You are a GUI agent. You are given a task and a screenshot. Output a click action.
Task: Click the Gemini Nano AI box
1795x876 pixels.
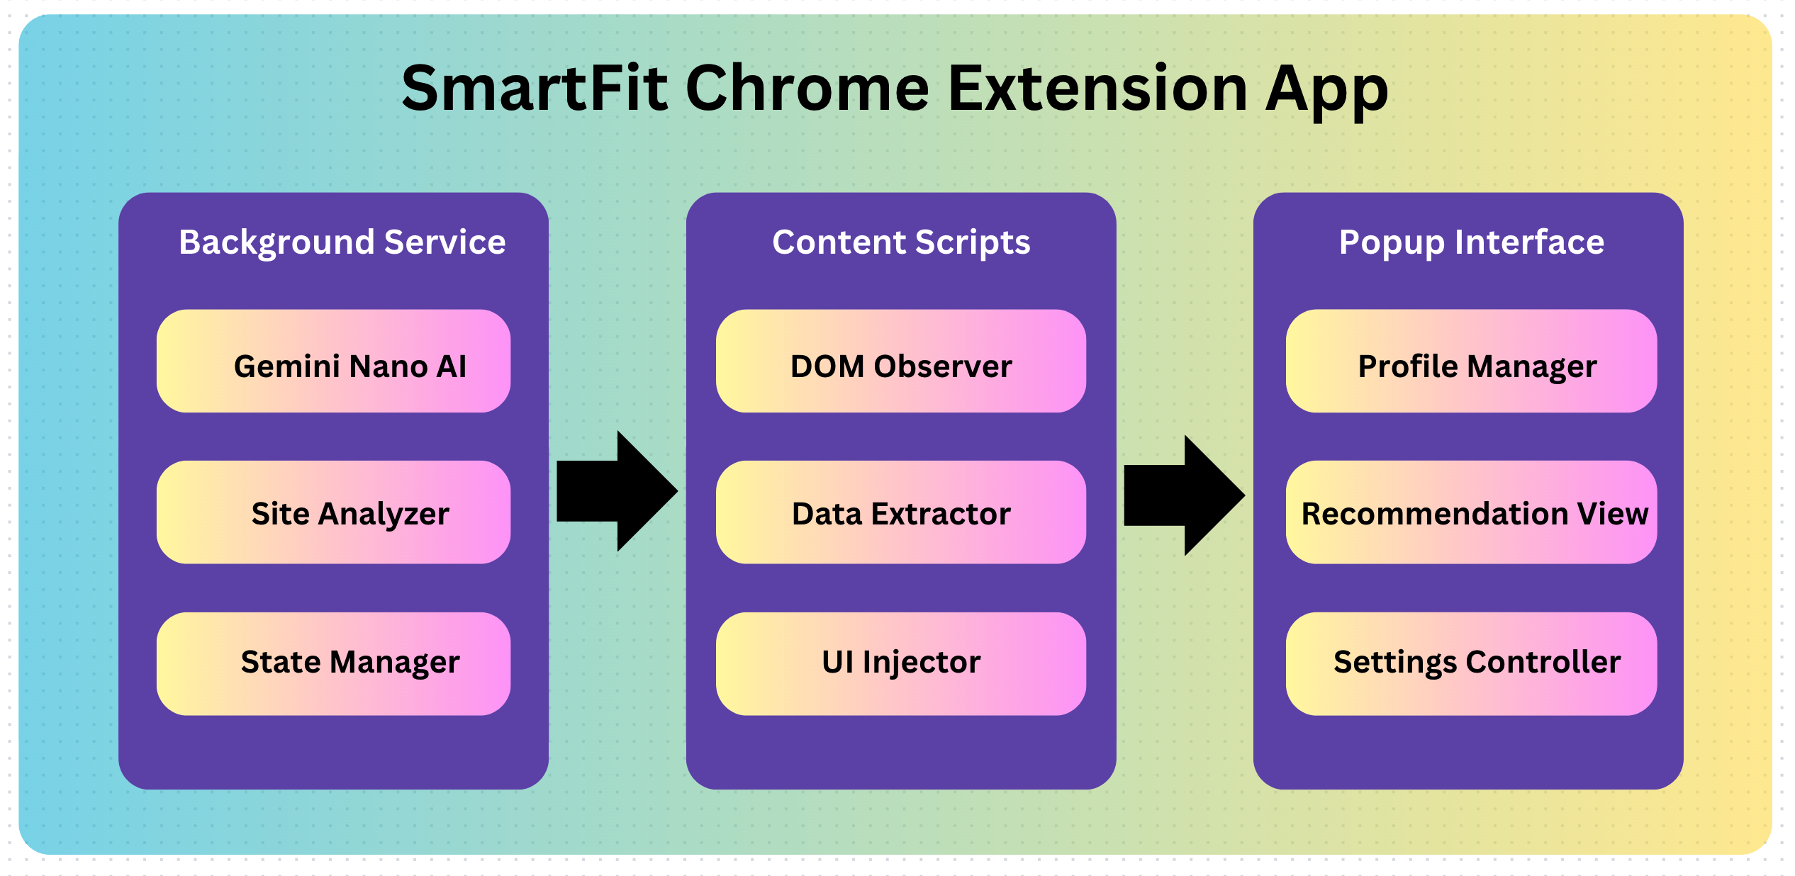333,361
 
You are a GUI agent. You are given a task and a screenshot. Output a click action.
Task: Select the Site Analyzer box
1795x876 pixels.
333,512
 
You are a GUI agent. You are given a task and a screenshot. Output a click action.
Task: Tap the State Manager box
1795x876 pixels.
333,663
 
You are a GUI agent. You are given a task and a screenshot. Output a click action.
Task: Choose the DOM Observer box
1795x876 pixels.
900,361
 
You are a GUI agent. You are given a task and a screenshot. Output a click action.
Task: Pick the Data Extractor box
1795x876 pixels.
900,512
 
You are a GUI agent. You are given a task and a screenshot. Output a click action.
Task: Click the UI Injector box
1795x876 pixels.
900,663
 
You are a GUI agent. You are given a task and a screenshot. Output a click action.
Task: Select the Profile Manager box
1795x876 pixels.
1471,361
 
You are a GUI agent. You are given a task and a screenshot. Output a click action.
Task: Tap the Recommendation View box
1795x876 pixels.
1471,512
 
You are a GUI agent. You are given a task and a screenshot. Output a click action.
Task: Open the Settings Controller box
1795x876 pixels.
1471,663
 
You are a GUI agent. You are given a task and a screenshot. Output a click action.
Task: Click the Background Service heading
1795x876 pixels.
342,242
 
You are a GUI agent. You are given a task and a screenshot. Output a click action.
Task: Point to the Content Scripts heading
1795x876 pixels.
901,242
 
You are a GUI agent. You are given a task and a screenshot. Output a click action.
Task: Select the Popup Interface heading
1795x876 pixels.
1472,242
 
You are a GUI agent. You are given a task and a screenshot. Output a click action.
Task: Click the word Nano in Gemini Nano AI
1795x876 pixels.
388,367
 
